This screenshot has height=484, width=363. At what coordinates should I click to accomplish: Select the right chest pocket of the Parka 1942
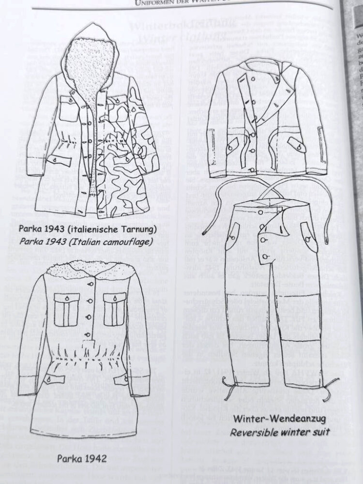115,310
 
